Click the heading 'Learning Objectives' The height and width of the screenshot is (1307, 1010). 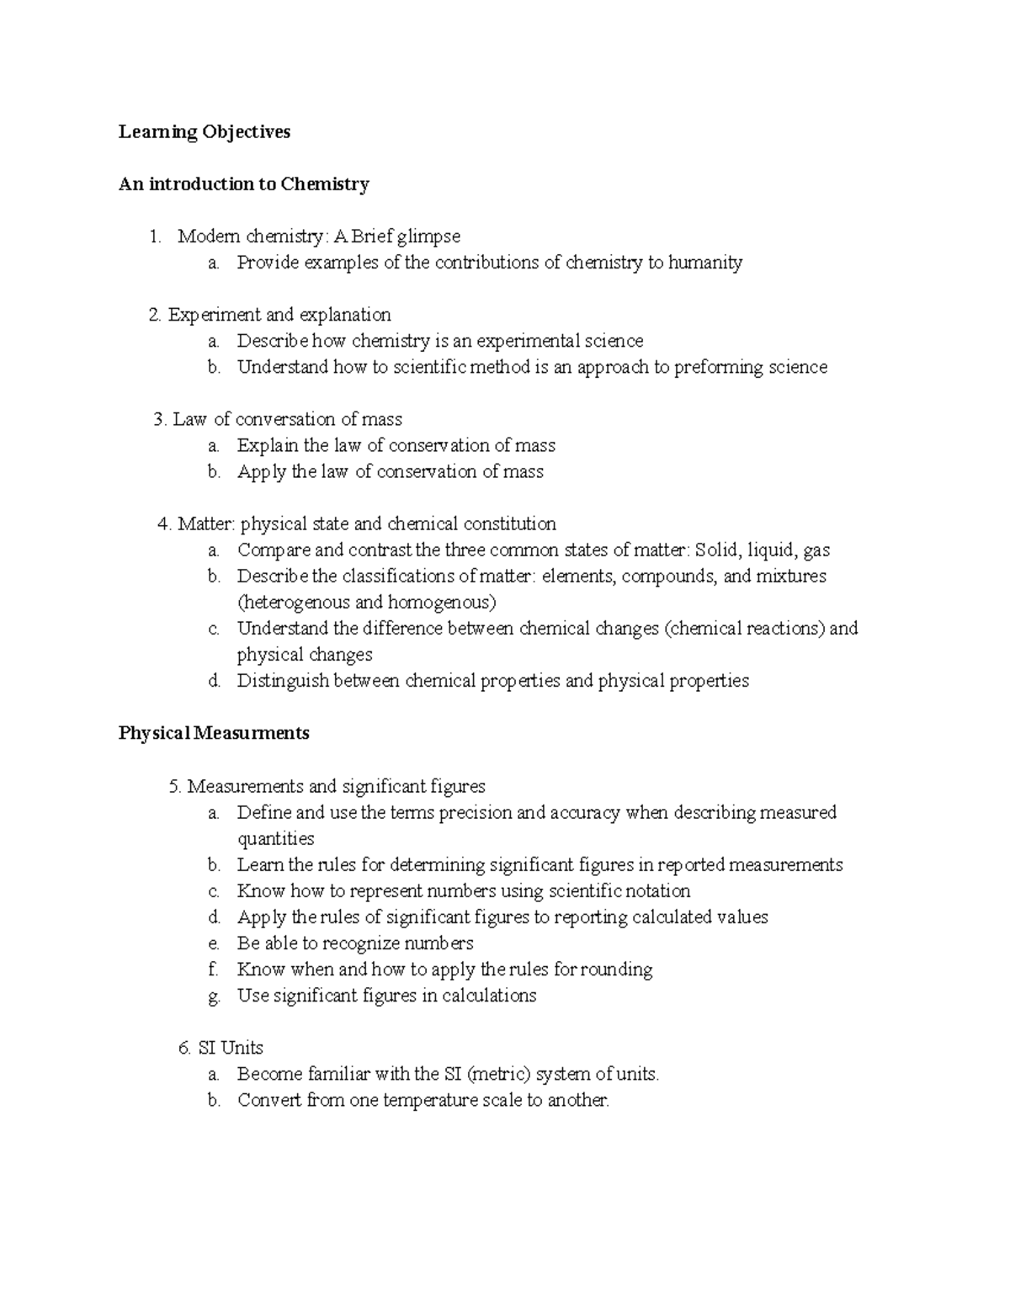pos(204,132)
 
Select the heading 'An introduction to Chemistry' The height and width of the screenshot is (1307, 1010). pos(243,184)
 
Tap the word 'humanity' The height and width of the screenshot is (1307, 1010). pos(705,263)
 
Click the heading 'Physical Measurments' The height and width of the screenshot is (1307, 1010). pos(214,733)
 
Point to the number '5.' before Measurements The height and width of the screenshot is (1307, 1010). pos(175,786)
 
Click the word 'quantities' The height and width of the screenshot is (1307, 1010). pos(275,839)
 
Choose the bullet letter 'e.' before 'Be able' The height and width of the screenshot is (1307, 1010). pos(214,943)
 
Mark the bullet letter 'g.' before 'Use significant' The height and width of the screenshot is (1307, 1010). pos(214,996)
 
